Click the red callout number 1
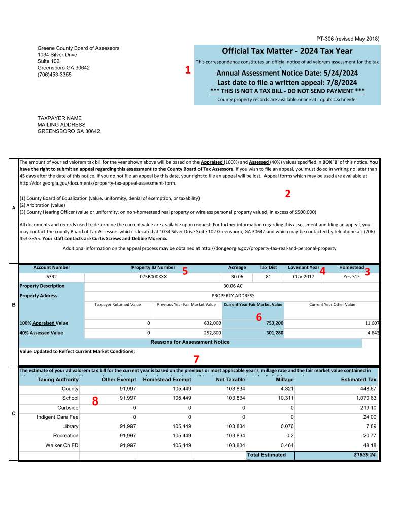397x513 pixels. tap(188, 70)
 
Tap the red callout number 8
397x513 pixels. tap(95, 401)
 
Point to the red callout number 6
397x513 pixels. tap(258, 317)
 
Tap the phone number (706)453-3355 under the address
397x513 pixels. tap(54, 75)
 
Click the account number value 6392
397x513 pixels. tap(51, 277)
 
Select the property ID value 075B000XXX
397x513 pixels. tap(153, 277)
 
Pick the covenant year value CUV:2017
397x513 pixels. tap(303, 277)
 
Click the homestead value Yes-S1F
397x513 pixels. tap(351, 277)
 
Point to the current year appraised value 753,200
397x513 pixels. tap(275, 323)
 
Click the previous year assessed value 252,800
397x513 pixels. tap(212, 333)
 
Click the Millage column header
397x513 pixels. tap(284, 379)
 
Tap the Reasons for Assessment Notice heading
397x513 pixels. tap(190, 342)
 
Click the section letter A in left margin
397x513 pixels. tap(13, 207)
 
